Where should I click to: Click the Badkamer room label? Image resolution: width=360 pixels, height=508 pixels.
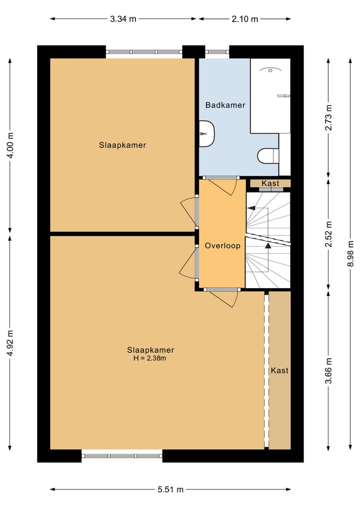point(225,105)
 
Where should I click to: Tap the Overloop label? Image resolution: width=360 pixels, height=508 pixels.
point(222,246)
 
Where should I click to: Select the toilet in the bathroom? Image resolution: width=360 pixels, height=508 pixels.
point(267,156)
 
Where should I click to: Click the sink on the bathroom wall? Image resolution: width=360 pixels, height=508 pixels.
point(206,134)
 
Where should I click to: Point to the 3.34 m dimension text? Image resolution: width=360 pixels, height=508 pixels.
point(123,19)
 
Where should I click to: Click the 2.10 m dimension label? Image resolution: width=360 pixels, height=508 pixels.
point(245,19)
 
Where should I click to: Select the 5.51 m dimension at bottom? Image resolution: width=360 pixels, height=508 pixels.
point(170,490)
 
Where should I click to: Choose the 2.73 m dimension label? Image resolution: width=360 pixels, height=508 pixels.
point(328,118)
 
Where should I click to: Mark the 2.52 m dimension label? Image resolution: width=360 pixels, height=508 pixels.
point(328,234)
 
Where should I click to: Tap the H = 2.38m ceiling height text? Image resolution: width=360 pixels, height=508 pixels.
point(150,358)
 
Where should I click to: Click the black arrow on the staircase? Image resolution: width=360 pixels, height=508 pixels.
point(268,245)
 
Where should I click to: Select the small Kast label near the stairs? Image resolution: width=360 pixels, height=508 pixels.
point(270,183)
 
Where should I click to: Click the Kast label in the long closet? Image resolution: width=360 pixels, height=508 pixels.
point(279,371)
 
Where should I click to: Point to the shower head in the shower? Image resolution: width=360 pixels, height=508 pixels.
point(270,70)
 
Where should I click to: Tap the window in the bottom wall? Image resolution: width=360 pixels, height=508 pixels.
point(122,456)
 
